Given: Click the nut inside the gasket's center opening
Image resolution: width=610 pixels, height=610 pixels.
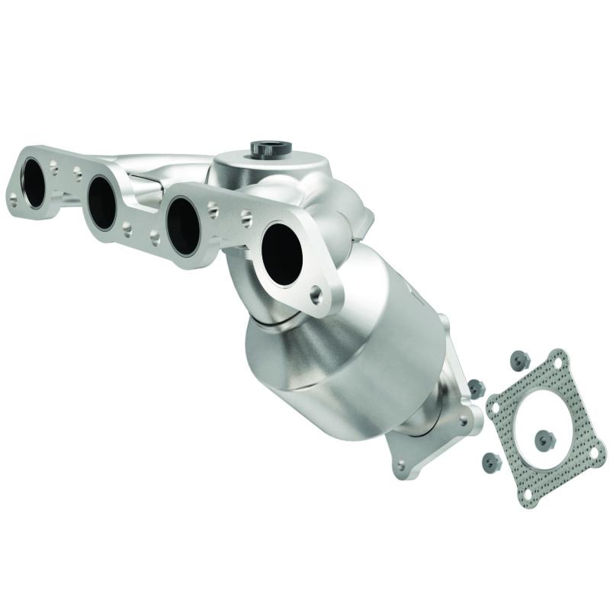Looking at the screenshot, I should pos(544,438).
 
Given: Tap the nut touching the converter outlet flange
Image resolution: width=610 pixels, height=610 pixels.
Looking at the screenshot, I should pos(476,388).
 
